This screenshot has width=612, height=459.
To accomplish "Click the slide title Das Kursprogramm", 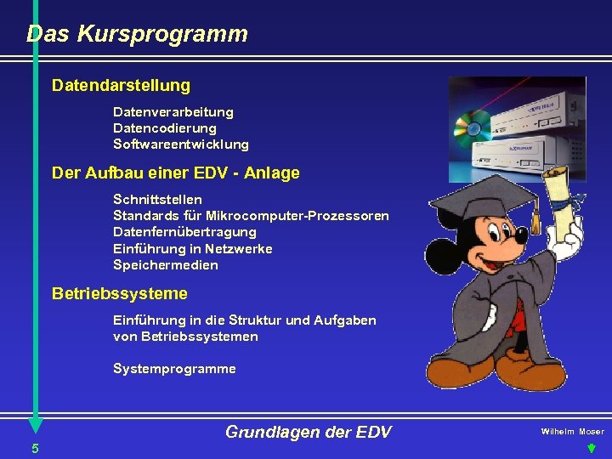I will tap(137, 35).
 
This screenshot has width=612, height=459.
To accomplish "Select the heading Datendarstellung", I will tap(121, 86).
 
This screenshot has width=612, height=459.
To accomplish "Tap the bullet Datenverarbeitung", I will tap(173, 112).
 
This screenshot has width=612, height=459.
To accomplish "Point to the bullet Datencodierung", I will tap(164, 128).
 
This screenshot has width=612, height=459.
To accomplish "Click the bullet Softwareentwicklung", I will tap(180, 144).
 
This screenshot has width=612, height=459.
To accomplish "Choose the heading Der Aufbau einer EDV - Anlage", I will tap(175, 173).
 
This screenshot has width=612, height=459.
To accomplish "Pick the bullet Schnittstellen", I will tap(157, 199).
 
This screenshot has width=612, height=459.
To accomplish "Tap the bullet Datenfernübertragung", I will tap(184, 232).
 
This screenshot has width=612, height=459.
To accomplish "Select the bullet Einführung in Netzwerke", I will tap(192, 248).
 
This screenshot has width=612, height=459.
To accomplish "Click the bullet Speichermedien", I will tap(165, 265).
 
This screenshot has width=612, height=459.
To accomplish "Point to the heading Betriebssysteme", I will tap(119, 294).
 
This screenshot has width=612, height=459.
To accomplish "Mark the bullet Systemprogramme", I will tap(174, 369).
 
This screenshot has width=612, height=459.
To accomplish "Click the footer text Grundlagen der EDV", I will tap(308, 433).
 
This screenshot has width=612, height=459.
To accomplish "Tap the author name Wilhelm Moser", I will tap(572, 432).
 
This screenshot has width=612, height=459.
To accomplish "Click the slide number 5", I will tap(34, 448).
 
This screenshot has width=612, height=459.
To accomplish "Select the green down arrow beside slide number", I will tap(591, 449).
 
